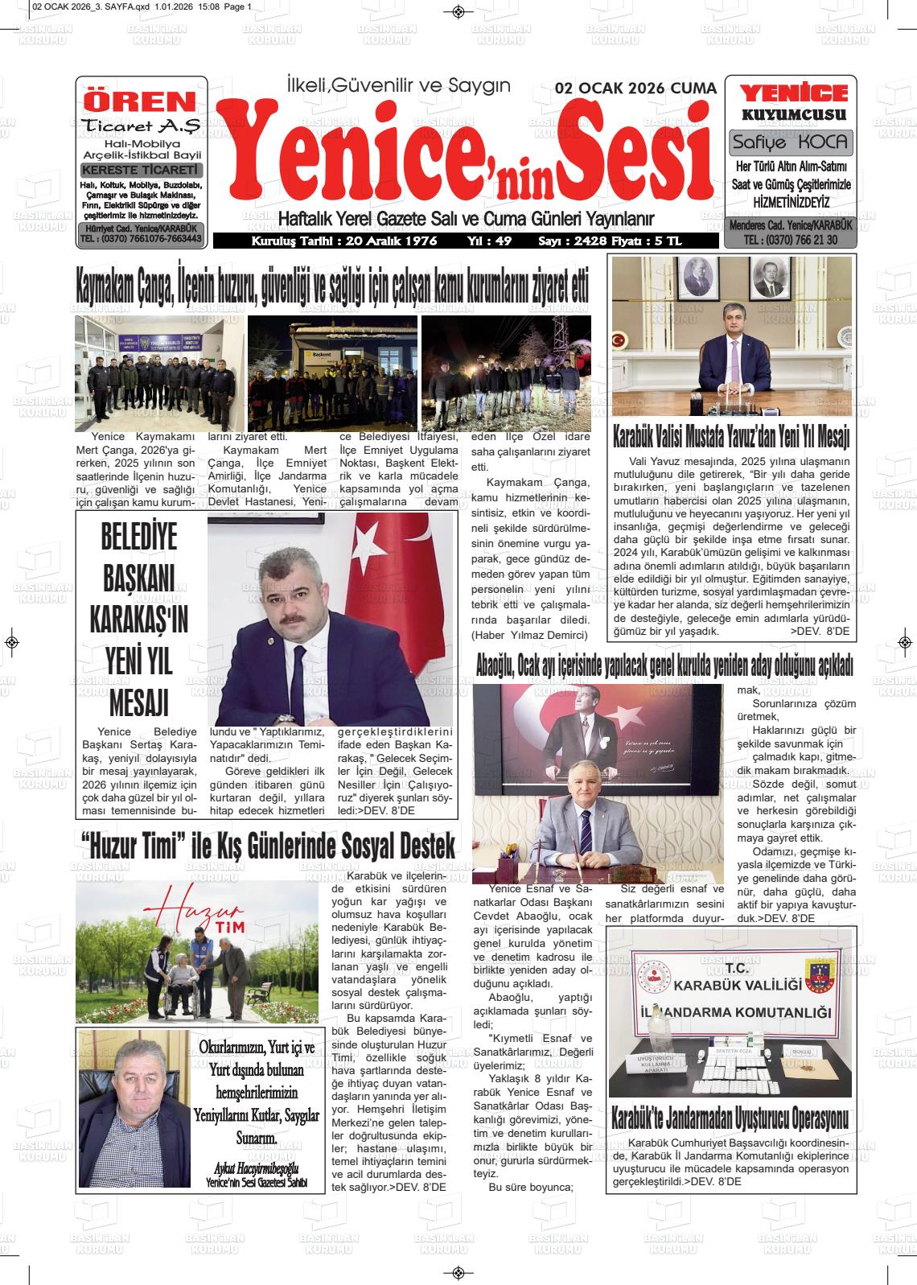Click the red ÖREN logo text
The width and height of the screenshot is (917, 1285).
pyautogui.click(x=140, y=101)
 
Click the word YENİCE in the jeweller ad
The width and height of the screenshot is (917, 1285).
pyautogui.click(x=793, y=93)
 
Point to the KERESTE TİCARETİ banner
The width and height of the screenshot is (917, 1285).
pyautogui.click(x=141, y=170)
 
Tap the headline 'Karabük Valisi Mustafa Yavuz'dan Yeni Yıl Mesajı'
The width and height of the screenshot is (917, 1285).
pyautogui.click(x=731, y=438)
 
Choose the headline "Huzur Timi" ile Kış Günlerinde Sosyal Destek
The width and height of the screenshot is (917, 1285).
pyautogui.click(x=268, y=847)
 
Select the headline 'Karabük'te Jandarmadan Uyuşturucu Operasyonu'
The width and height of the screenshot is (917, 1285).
pyautogui.click(x=730, y=1118)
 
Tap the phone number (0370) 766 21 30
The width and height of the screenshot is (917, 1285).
pyautogui.click(x=791, y=240)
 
